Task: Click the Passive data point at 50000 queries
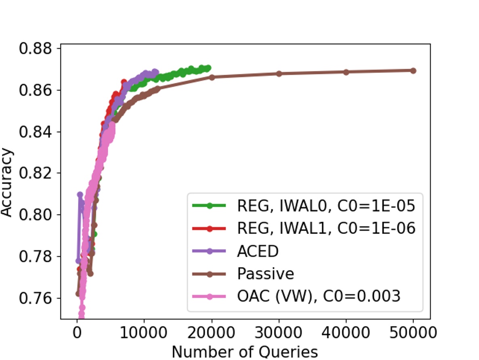click(x=413, y=71)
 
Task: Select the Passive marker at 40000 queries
click(x=346, y=72)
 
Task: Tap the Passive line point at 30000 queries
click(x=279, y=74)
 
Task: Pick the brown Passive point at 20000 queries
click(x=212, y=77)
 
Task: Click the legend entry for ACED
click(x=258, y=251)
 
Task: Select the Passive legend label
click(x=265, y=274)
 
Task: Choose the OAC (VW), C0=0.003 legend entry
click(x=318, y=296)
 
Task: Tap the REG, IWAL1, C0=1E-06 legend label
click(x=326, y=229)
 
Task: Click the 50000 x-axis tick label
click(x=413, y=334)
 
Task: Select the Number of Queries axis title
click(x=245, y=352)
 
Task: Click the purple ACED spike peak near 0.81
click(x=80, y=195)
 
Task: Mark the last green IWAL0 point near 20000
click(x=208, y=68)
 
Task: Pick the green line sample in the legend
click(x=210, y=206)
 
